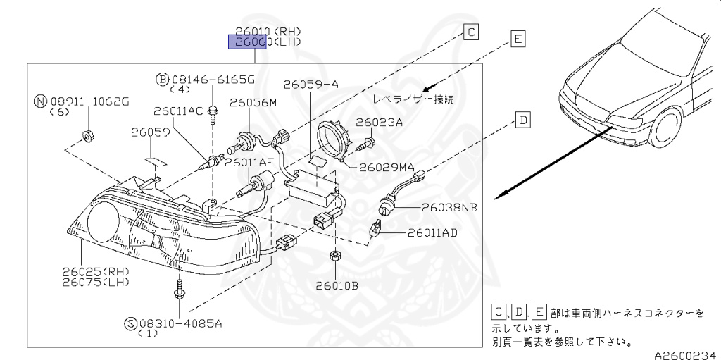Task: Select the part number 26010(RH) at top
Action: click(268, 31)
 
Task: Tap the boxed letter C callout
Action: click(471, 31)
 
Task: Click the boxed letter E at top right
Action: click(518, 39)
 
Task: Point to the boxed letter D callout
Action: click(523, 120)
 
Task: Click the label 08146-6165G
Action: click(212, 79)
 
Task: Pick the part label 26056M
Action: click(253, 103)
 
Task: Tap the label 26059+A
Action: click(311, 85)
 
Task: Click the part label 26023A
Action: click(379, 122)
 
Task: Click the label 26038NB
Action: click(450, 208)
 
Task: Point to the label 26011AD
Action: click(432, 232)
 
